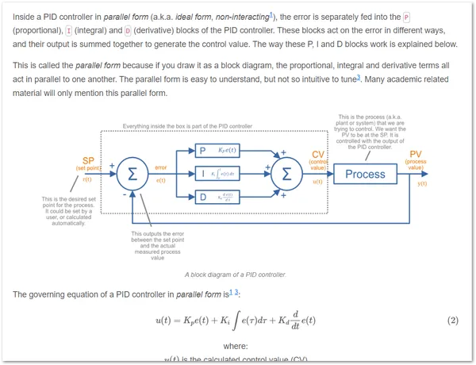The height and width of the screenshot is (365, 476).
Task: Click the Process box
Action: click(365, 174)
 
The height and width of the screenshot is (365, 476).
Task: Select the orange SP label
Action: click(88, 160)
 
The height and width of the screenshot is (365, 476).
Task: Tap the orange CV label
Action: click(317, 154)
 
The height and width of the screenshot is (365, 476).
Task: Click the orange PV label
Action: click(416, 154)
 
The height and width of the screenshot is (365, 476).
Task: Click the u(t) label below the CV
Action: click(317, 182)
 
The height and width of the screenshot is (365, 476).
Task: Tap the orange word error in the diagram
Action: click(160, 168)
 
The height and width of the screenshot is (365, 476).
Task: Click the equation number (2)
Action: click(453, 320)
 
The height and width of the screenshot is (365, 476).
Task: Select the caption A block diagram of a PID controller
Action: click(236, 275)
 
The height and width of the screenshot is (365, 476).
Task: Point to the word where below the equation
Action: click(236, 346)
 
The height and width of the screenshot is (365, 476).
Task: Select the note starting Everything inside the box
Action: click(187, 126)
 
